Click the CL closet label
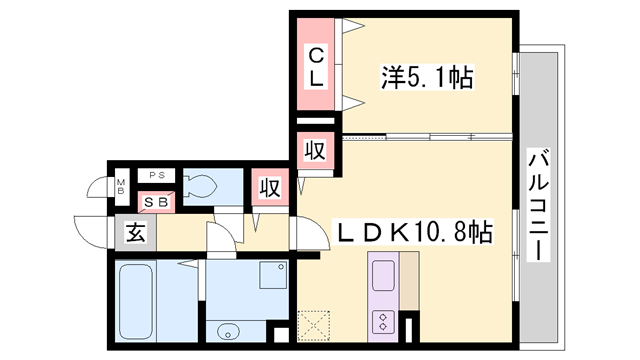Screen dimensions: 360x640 [x=315, y=66]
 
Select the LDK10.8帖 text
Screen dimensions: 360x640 [x=412, y=233]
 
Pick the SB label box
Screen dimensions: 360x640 [x=157, y=202]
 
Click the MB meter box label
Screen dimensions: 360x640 [x=121, y=187]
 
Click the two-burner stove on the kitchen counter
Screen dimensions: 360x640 [x=384, y=321]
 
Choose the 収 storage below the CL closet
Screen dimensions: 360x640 [x=314, y=152]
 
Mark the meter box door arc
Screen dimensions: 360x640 [x=96, y=188]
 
